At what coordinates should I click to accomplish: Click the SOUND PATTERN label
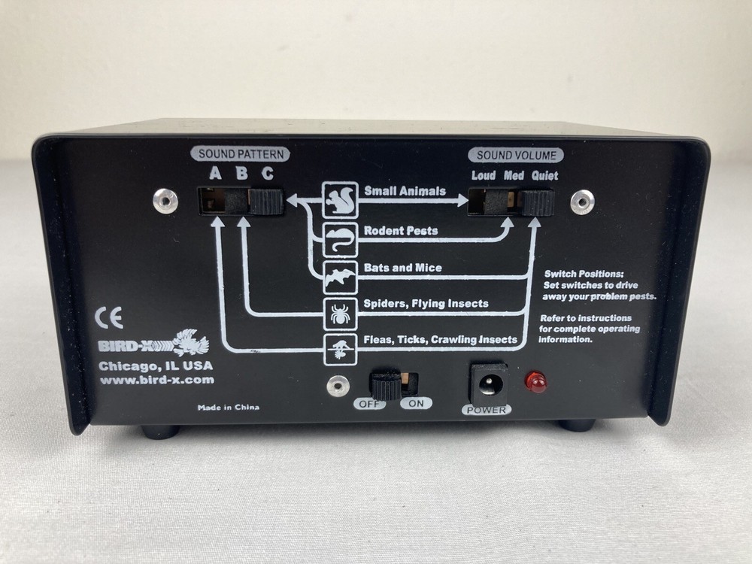coord(241,154)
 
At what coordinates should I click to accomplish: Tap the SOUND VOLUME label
coord(516,155)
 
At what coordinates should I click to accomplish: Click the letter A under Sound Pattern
coord(215,173)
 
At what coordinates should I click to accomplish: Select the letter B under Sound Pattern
coord(241,173)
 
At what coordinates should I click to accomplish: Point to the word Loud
coord(483,175)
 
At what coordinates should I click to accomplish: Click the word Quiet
coord(544,176)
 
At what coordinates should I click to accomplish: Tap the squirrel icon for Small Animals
coord(340,199)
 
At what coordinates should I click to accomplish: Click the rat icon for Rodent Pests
coord(340,239)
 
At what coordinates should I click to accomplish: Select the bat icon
coord(340,277)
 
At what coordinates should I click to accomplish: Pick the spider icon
coord(341,314)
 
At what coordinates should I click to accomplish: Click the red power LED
coord(536,382)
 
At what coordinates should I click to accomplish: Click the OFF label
coord(369,404)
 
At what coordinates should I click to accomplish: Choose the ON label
coord(416,403)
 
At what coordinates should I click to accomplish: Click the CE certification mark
coord(109,317)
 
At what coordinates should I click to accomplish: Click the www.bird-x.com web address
coord(157,380)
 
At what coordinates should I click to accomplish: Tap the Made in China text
coord(229,408)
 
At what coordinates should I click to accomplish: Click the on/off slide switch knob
coord(384,384)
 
